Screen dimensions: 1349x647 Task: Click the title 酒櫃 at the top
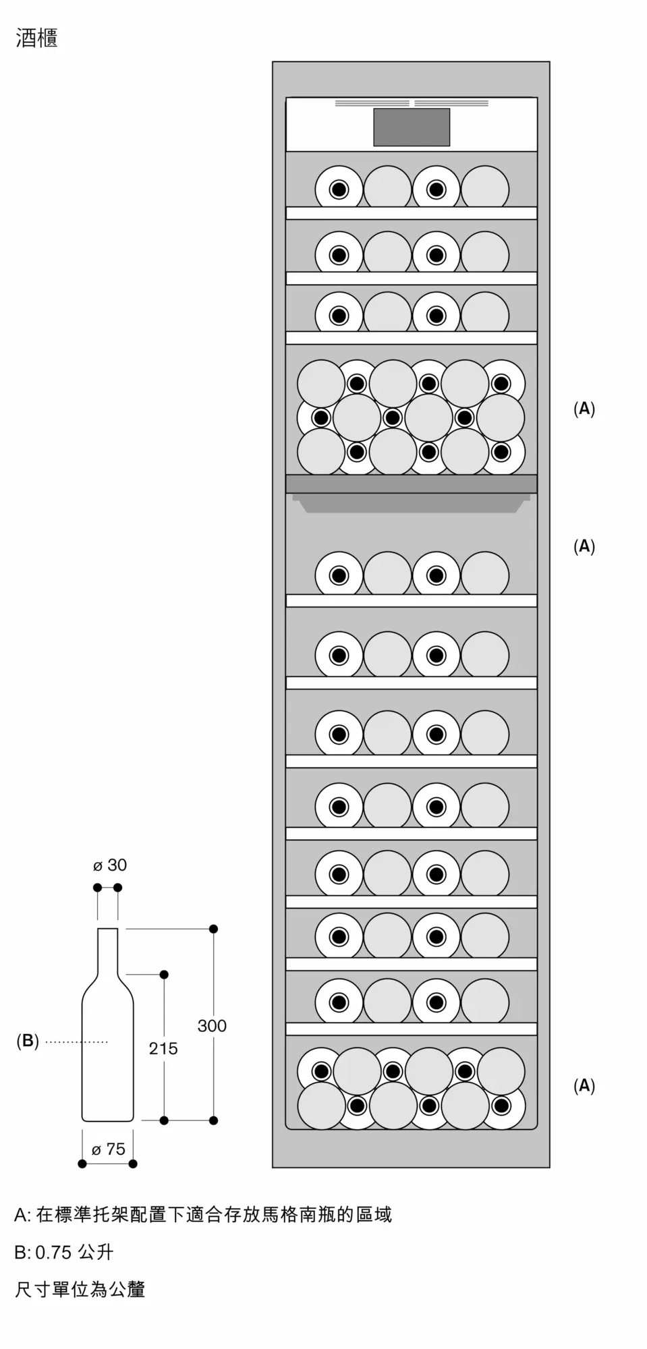36,39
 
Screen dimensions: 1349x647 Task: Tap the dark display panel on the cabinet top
412,127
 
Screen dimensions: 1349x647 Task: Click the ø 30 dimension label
110,865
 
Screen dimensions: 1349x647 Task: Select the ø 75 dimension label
109,1149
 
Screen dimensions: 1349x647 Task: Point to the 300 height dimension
212,1026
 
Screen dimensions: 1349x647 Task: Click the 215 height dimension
163,1048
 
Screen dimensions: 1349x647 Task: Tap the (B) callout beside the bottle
28,1041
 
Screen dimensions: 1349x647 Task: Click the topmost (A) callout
584,408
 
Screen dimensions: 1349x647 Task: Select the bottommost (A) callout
584,1085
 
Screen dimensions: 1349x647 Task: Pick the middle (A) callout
584,546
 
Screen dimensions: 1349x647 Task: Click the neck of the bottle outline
108,951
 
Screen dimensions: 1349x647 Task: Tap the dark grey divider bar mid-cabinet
412,484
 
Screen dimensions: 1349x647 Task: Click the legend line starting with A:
203,1215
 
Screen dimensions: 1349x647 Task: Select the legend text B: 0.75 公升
64,1252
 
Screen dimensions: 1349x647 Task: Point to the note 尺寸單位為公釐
80,1289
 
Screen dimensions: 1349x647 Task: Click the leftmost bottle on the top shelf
339,189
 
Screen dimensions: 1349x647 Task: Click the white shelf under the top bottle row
412,213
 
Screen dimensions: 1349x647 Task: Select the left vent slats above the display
372,103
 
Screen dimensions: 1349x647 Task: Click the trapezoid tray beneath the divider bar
412,503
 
